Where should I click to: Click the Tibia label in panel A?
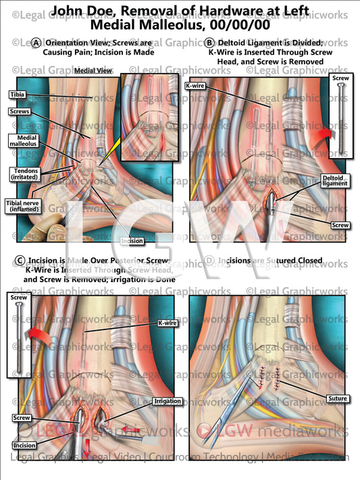point(18,95)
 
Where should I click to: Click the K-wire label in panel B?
point(195,86)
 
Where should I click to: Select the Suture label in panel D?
point(338,398)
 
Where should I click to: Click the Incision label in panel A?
point(131,240)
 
